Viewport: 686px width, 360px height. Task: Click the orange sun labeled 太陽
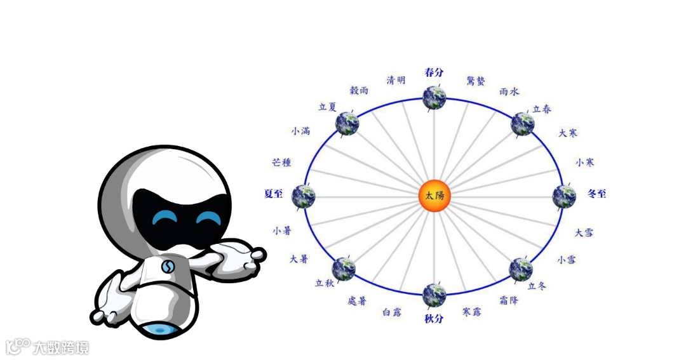[434, 196]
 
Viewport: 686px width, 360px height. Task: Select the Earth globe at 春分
[434, 98]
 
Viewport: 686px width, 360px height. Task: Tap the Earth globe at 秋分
[434, 295]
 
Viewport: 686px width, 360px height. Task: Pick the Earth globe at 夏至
[304, 196]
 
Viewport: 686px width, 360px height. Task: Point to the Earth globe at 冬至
[564, 196]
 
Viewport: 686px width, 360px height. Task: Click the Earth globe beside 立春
[523, 123]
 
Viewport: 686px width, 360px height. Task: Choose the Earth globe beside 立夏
[347, 123]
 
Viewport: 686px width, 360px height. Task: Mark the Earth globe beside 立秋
[344, 269]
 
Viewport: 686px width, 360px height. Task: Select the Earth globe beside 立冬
[521, 269]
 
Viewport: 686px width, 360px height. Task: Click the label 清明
[396, 80]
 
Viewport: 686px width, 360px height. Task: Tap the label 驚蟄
[476, 81]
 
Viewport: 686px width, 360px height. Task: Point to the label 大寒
[568, 133]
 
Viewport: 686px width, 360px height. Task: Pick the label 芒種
[281, 163]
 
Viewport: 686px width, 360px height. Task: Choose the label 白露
[391, 312]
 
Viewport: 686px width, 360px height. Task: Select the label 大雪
[584, 232]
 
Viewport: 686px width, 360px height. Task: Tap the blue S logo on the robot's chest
[168, 267]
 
